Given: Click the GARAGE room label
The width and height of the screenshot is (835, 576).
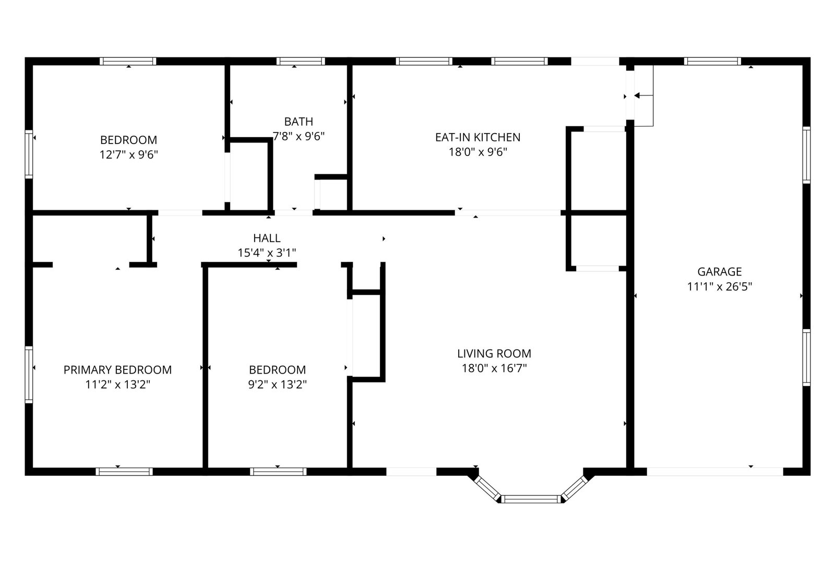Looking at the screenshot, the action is point(720,272).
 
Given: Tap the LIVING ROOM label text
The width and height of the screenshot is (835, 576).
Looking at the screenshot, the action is point(494,353).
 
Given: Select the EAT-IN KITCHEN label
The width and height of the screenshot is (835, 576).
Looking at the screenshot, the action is point(478,137).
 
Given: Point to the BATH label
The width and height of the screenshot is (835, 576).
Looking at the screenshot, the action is point(299,122).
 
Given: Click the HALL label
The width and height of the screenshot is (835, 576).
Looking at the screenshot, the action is point(267,238).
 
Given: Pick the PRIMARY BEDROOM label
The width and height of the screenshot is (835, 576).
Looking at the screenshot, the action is point(117,369).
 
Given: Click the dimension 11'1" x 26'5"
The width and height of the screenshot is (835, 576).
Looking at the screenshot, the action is point(720,286).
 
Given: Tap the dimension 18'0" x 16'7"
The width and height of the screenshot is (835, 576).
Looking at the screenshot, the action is point(494,368).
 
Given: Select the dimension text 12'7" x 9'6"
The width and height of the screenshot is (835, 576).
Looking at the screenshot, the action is point(128,154).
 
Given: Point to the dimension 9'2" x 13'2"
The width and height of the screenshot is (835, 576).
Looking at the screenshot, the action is point(277,384).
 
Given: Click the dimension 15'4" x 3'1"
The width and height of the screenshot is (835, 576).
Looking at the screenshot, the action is point(267,253).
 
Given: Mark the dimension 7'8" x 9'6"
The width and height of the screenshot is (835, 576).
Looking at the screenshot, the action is point(299,136).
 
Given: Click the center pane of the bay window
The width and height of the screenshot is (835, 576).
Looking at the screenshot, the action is point(531,499).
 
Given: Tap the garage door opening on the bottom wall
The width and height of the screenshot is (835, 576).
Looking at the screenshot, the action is point(714,471).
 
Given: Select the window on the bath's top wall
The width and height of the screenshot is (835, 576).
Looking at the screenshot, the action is point(301,61).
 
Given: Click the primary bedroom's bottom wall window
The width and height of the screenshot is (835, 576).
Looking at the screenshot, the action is point(124,471).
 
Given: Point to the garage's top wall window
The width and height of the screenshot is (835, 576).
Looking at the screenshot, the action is point(712,61).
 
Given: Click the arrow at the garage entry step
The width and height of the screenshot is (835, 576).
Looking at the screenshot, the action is point(643,95).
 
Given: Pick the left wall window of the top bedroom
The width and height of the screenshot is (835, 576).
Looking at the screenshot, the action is point(29,154).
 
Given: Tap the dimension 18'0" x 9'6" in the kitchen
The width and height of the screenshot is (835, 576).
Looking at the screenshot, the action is point(478,152).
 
